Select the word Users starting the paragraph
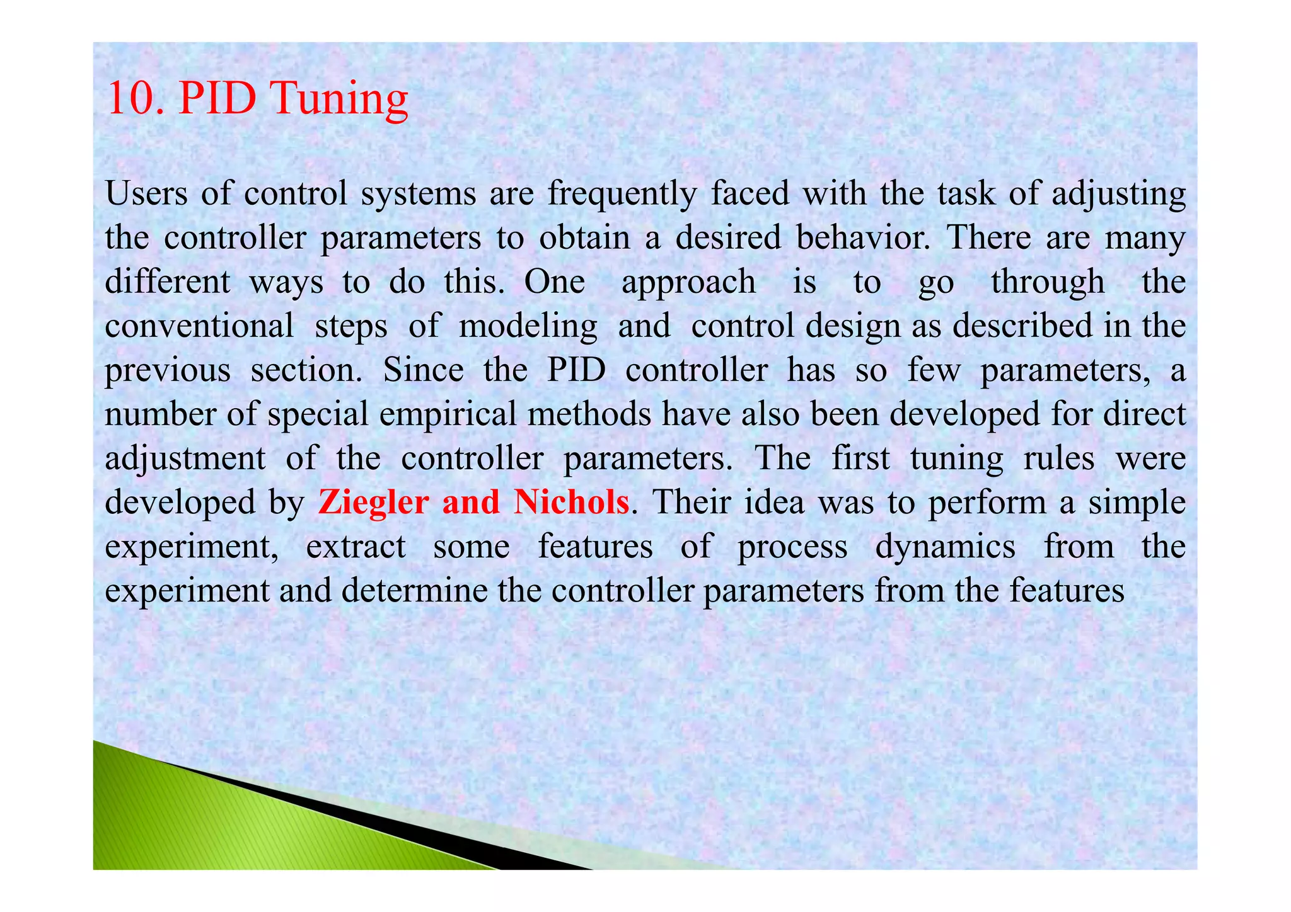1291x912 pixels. click(x=146, y=193)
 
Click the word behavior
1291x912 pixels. click(x=862, y=238)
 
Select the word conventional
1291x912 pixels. click(x=199, y=326)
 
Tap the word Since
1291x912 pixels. click(x=423, y=370)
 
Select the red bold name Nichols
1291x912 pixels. click(x=571, y=503)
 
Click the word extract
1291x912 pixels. click(x=356, y=547)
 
